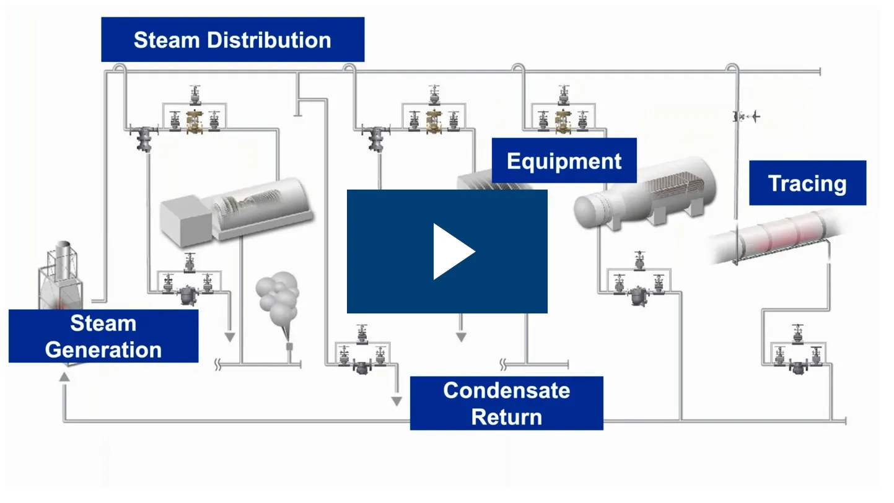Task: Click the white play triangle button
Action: click(x=452, y=251)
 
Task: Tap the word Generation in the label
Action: click(x=103, y=349)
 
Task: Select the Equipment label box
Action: click(x=564, y=161)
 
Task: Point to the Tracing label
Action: click(x=807, y=183)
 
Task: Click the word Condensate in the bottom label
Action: click(x=506, y=390)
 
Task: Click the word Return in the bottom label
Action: click(x=506, y=417)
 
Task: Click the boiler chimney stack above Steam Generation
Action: click(x=63, y=254)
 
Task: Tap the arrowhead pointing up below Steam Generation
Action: click(x=64, y=376)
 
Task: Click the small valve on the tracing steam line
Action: click(x=738, y=116)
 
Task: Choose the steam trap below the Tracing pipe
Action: click(x=798, y=366)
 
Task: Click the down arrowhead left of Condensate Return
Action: click(x=397, y=401)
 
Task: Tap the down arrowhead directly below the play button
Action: click(x=460, y=337)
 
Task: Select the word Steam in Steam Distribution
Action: click(x=167, y=40)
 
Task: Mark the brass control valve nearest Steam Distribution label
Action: click(x=195, y=120)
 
